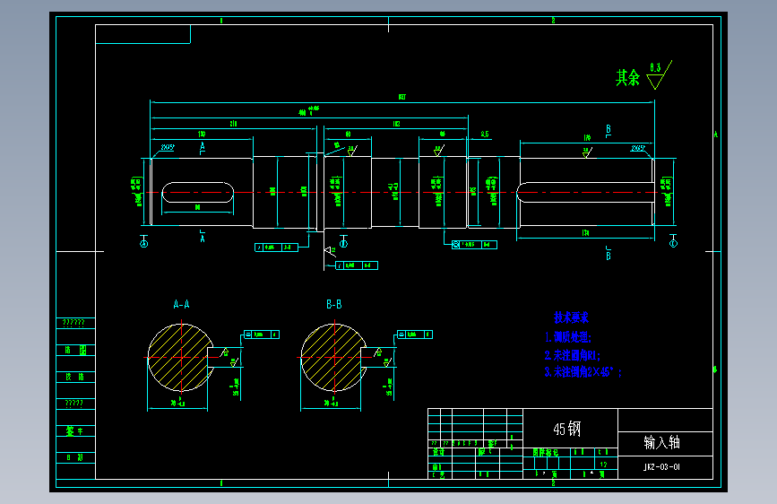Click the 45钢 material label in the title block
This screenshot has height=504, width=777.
click(x=567, y=430)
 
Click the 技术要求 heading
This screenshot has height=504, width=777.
click(x=571, y=317)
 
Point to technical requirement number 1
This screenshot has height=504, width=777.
click(x=568, y=338)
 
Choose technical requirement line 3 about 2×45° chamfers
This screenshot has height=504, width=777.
click(x=583, y=371)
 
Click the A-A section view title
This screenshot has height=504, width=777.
click(x=181, y=305)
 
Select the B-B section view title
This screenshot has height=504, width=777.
click(x=333, y=305)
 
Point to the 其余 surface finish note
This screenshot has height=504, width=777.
click(x=627, y=78)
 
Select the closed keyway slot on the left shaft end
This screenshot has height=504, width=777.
click(x=198, y=191)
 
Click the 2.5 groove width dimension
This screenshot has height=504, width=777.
click(x=485, y=135)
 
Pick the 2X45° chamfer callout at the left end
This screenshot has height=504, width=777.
click(x=168, y=146)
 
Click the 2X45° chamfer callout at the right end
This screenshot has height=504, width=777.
click(x=639, y=146)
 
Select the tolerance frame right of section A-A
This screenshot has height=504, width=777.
click(x=261, y=335)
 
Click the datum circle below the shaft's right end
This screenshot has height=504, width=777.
click(x=674, y=243)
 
